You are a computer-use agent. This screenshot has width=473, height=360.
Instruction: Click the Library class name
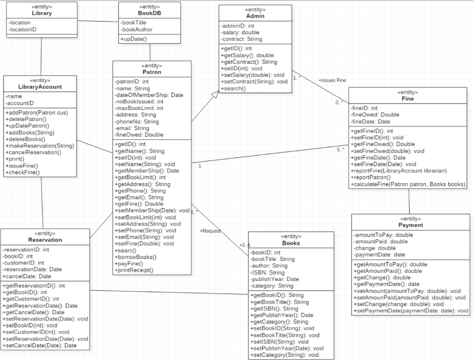(42, 13)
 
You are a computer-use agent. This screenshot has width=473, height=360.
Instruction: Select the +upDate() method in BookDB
(134, 39)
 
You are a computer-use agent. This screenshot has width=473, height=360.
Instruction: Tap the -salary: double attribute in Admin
(240, 32)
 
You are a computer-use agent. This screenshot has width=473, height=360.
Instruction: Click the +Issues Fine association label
(332, 80)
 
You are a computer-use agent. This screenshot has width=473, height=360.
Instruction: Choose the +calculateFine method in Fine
(408, 184)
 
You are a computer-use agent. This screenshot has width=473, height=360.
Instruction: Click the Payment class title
(411, 225)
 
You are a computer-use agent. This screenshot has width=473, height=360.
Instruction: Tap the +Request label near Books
(210, 231)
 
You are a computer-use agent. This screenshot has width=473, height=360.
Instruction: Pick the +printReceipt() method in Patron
(134, 270)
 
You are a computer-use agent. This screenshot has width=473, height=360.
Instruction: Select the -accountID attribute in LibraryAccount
(20, 103)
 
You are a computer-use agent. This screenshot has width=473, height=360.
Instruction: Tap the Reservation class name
(45, 240)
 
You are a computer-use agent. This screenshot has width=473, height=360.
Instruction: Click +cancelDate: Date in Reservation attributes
(27, 276)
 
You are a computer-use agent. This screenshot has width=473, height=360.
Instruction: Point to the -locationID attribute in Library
(23, 29)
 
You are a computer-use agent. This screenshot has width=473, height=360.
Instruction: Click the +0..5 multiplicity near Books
(244, 245)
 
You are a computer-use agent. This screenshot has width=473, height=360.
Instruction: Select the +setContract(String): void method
(254, 82)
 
